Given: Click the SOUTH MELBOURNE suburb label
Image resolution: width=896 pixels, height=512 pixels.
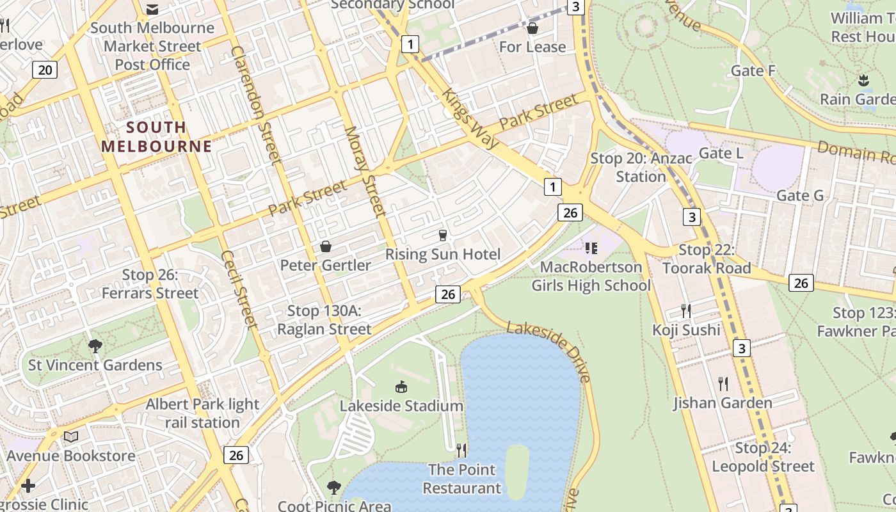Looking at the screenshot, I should pos(156,136).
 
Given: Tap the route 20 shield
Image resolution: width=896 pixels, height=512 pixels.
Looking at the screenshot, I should pos(45,69).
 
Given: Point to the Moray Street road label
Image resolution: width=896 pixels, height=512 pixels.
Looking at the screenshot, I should pos(365,170).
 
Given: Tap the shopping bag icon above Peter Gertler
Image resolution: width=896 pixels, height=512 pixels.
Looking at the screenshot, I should pos(326,246).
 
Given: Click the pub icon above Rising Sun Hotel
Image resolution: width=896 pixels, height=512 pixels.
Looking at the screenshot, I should pos(442,236).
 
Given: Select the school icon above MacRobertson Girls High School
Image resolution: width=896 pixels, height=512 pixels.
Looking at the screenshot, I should pos(591,248).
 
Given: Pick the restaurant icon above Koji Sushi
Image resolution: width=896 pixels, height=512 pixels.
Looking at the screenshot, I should pos(686,311).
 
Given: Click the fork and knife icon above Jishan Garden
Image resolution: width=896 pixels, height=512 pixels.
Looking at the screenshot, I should pos(723,383).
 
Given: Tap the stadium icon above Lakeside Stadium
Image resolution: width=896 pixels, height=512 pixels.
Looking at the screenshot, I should pos(401,387).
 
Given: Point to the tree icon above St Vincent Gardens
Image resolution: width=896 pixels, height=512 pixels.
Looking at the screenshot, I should pos(95,346).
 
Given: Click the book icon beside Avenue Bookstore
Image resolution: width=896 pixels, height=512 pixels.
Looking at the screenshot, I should pos(70,436).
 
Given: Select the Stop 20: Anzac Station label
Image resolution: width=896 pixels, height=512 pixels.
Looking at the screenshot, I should pos(641,167).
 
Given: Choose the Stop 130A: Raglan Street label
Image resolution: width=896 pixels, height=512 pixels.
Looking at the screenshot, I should pos(324,320).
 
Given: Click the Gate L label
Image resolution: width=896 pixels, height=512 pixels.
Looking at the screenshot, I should pos(721,153).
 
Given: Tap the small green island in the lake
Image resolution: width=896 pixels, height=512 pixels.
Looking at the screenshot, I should pos(516,471).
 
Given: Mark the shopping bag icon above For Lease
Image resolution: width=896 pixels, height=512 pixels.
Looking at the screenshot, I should pos(532,28).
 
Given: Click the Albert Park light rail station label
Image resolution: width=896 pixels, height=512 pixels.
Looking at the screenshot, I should pos(202,413).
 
